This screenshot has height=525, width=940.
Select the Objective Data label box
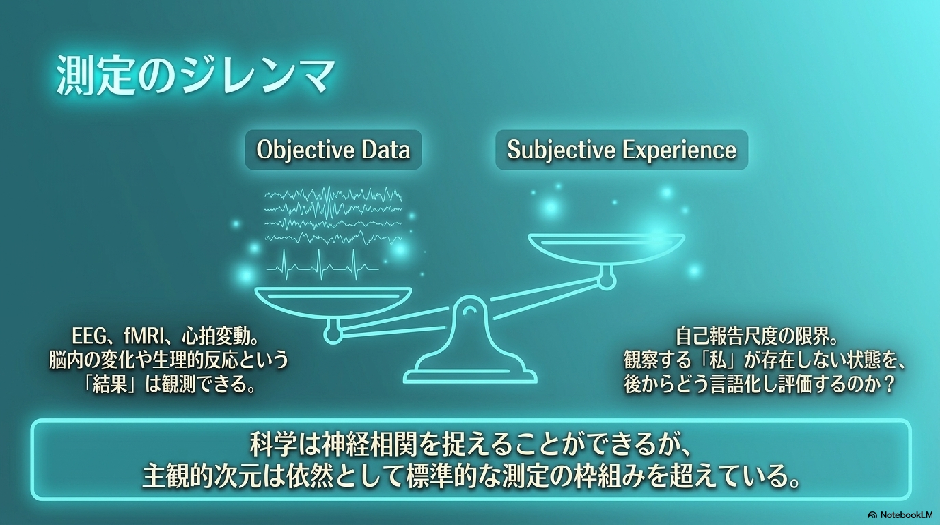click(x=333, y=150)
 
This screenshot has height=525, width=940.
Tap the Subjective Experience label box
click(x=622, y=150)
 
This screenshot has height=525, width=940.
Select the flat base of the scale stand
click(x=470, y=376)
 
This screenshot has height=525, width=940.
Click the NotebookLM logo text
click(x=903, y=515)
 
